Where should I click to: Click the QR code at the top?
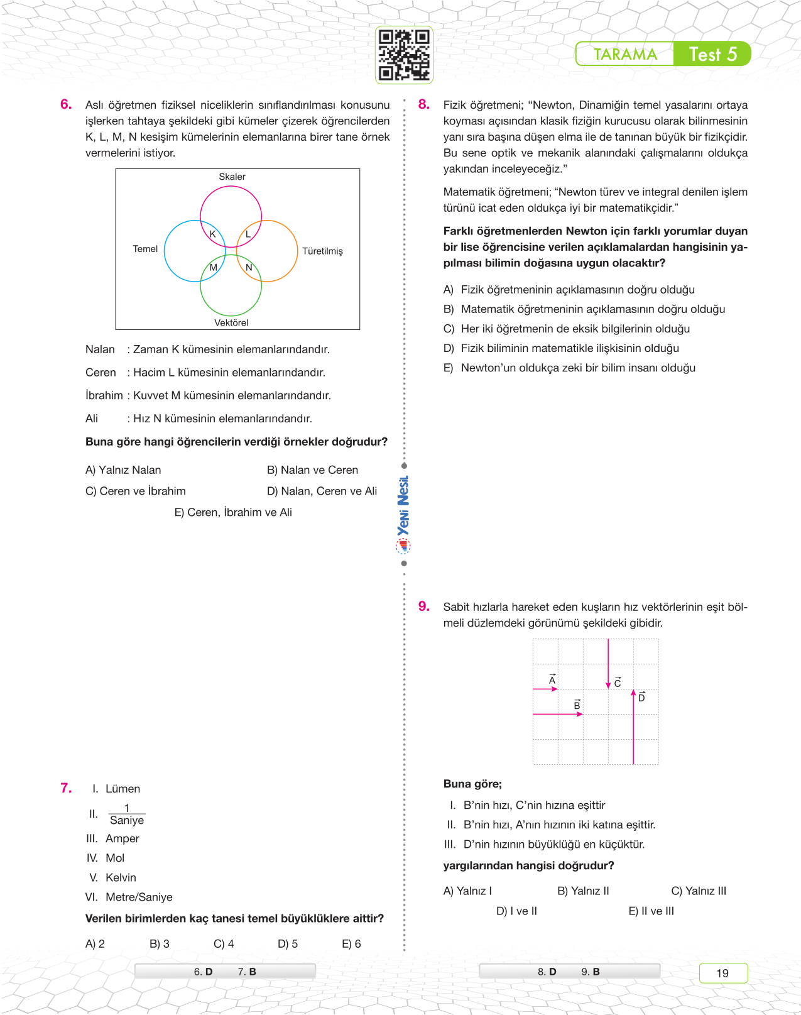pos(404,55)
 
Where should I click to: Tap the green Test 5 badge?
pos(712,54)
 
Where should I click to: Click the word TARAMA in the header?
pos(625,55)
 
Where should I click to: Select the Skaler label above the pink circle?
pos(232,177)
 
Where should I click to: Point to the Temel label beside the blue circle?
pos(145,249)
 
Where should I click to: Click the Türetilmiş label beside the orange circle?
pos(322,251)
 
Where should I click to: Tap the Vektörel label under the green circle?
pos(231,322)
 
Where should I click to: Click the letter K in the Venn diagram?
pos(212,234)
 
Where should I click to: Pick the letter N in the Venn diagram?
pos(249,267)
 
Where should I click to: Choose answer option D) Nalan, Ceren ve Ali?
pos(322,491)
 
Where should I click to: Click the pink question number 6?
pos(66,104)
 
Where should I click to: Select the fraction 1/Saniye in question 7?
pos(126,815)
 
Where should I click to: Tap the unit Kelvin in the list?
pos(121,877)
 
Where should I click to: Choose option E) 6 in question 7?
pos(351,943)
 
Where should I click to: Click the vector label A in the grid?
pos(552,679)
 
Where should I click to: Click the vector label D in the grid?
pos(641,696)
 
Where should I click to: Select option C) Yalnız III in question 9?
pos(699,891)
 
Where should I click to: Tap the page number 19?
pos(722,973)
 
